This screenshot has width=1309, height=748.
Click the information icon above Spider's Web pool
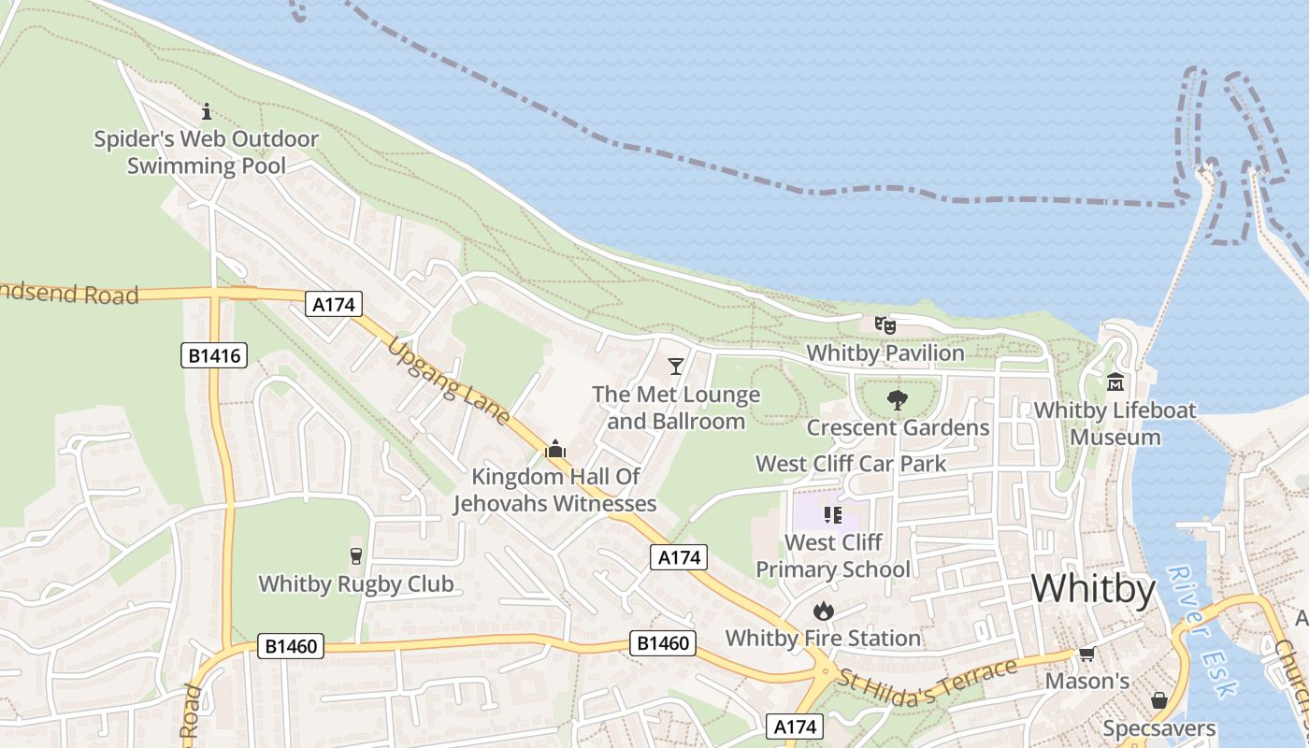207,111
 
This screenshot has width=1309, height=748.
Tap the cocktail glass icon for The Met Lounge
676,366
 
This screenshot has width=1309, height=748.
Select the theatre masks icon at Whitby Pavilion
885,325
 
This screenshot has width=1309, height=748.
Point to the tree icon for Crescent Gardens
898,400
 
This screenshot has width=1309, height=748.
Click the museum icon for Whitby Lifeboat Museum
1115,381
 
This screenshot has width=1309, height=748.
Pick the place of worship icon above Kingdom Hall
555,449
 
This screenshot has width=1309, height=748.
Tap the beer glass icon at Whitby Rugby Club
355,555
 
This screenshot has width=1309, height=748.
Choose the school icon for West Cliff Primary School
832,514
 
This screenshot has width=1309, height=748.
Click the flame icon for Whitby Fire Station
823,611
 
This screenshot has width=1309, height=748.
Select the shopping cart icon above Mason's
1086,654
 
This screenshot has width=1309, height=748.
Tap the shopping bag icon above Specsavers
1159,700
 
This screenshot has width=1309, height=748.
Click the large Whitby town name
1093,589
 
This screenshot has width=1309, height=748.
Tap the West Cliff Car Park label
851,464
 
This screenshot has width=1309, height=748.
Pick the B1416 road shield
214,355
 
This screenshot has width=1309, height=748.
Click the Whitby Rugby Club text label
355,584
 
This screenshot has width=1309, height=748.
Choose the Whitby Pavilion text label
885,353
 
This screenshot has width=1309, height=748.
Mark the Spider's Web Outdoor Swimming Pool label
207,153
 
